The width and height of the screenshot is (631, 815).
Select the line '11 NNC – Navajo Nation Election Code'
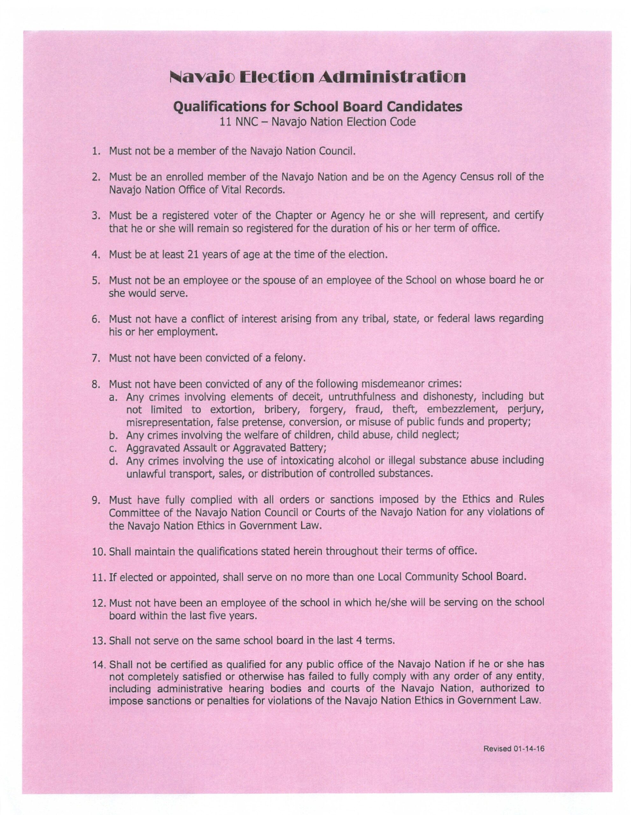pyautogui.click(x=317, y=122)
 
